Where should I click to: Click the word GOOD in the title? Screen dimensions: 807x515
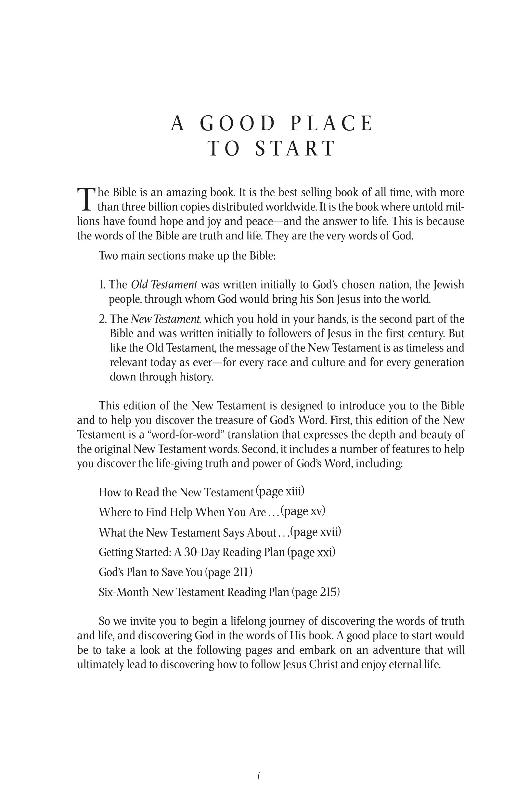(x=237, y=124)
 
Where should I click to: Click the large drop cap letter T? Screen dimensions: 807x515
(x=86, y=199)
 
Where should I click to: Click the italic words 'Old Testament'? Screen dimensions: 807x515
(x=163, y=285)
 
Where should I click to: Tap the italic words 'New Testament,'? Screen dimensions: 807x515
(x=166, y=319)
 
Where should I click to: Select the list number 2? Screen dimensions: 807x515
(x=102, y=319)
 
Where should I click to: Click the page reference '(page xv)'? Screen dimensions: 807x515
(x=303, y=511)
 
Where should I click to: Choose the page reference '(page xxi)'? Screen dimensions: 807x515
(x=311, y=552)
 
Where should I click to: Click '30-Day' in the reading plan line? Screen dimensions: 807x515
(x=201, y=552)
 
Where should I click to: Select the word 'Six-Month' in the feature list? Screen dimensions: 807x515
(x=123, y=592)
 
